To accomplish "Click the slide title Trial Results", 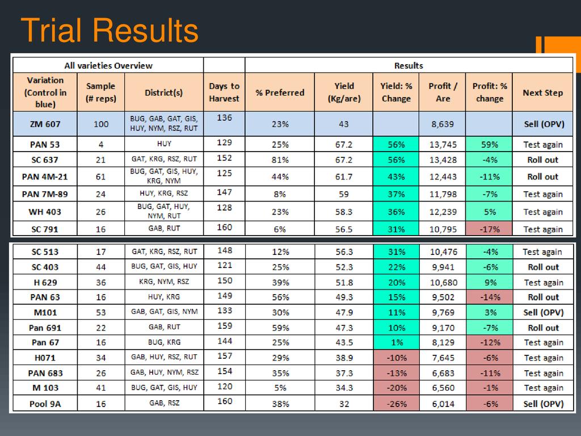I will pos(109,31).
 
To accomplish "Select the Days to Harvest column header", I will pos(224,92).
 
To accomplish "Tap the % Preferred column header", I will pos(280,93).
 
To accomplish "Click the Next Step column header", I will pos(542,93).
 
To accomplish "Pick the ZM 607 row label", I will pos(44,124).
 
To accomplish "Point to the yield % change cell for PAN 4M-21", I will pos(396,177).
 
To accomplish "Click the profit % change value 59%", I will pos(489,145).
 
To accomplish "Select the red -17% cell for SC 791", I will pos(489,229).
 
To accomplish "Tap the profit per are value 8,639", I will pos(443,124).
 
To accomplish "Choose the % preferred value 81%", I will pos(280,160).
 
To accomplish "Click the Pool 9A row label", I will pos(44,404).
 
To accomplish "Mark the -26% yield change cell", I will pos(396,404).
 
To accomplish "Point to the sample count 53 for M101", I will pos(101,312).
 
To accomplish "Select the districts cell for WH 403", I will pos(163,211).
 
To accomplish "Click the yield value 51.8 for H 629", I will pos(344,282).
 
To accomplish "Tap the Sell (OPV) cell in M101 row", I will pos(543,312).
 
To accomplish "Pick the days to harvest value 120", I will pos(224,386).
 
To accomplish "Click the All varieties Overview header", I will pos(108,65).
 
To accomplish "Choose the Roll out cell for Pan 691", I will pos(543,328).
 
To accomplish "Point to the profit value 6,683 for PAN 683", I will pos(443,373).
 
